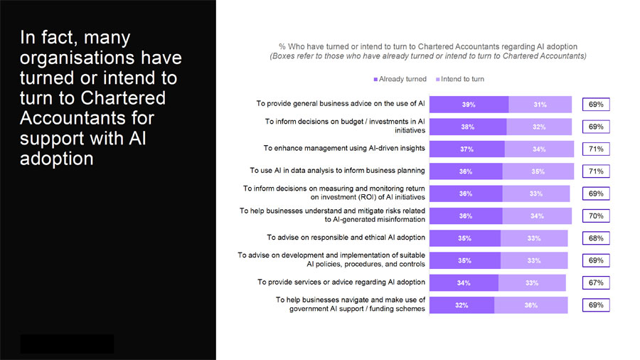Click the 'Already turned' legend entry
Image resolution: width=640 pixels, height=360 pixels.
point(400,79)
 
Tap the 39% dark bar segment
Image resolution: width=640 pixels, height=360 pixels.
point(469,105)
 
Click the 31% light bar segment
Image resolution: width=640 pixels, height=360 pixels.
point(540,105)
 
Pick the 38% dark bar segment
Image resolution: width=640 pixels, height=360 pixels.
point(468,127)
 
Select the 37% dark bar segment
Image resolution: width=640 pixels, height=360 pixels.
point(467,149)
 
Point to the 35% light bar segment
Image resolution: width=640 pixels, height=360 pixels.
point(538,171)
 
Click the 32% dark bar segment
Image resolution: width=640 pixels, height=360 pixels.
point(462,305)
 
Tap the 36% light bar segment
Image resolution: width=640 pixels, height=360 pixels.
point(531,305)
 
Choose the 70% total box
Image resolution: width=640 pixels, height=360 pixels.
point(596,216)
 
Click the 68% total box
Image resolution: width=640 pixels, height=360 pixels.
point(596,238)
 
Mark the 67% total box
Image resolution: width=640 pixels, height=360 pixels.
point(596,282)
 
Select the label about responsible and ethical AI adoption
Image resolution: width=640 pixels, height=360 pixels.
point(346,238)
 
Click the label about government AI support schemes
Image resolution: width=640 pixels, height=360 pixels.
point(350,305)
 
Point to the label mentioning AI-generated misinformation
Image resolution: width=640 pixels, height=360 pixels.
point(332,215)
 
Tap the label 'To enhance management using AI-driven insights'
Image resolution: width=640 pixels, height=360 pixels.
point(344,148)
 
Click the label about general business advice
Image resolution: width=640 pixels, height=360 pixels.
point(341,104)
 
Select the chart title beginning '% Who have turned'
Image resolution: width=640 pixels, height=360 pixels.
point(428,46)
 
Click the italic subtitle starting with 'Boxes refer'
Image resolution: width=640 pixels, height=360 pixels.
point(428,55)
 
